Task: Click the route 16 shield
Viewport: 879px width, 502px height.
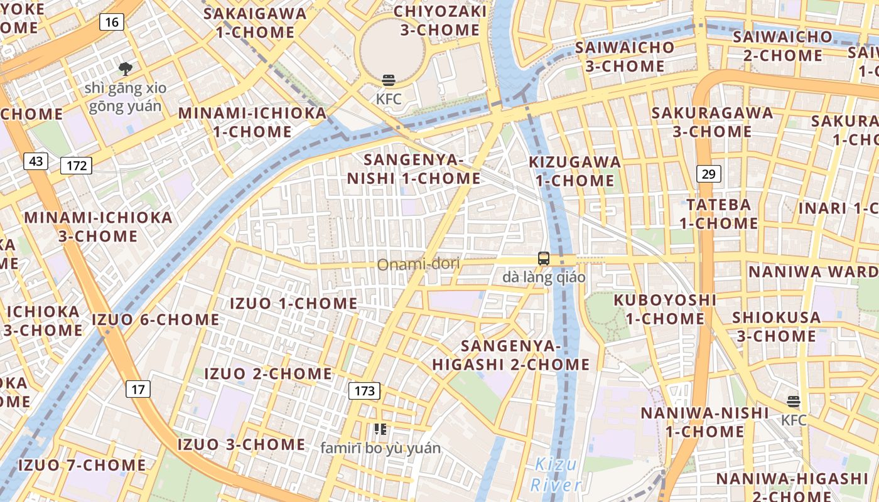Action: tap(112, 23)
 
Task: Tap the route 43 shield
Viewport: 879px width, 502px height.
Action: tap(36, 161)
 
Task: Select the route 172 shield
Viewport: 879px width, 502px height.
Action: tap(77, 166)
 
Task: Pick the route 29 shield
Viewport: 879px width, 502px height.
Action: tap(708, 174)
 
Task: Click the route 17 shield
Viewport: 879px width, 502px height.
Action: tap(138, 389)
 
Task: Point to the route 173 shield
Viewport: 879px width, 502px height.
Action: tap(364, 391)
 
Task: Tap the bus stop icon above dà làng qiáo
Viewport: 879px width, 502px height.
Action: tap(544, 259)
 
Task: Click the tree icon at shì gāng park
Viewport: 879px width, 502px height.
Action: tap(126, 68)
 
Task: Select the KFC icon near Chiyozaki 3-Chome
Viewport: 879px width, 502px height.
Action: tap(389, 80)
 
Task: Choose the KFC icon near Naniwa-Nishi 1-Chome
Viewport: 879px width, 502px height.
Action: tap(794, 402)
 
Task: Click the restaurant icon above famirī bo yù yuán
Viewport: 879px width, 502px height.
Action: tap(380, 429)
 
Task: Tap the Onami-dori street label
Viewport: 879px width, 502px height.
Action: tap(418, 264)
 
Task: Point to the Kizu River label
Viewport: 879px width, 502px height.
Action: tap(556, 475)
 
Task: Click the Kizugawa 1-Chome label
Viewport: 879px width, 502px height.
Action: tap(574, 171)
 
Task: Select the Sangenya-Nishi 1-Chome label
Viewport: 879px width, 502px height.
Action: tap(414, 169)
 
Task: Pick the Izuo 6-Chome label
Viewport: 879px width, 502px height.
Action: tap(156, 319)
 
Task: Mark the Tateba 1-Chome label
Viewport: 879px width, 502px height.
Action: tap(719, 214)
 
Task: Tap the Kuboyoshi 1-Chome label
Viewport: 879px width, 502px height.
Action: tap(666, 309)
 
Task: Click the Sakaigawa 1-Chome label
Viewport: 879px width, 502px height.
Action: tap(255, 23)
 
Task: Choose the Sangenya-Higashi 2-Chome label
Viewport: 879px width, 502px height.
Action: tap(511, 355)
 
